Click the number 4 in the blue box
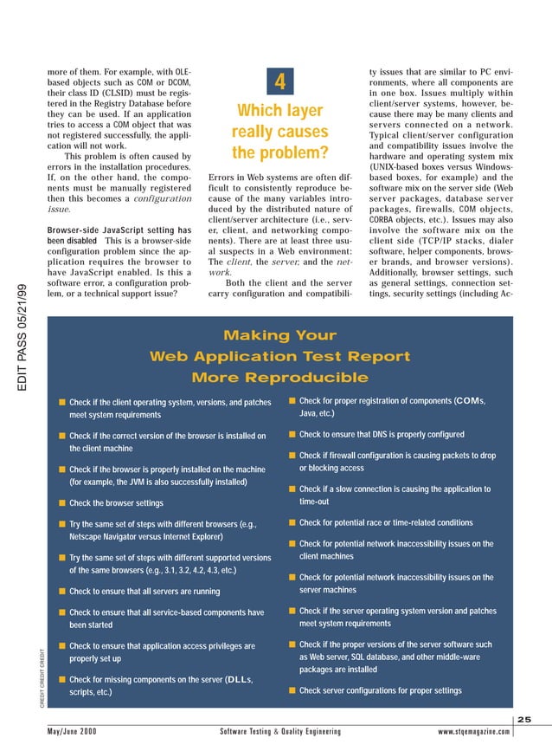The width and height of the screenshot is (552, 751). click(x=279, y=82)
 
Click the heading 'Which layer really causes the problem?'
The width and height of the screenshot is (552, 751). click(x=279, y=133)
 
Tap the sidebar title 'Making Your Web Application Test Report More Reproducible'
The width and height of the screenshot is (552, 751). click(x=279, y=356)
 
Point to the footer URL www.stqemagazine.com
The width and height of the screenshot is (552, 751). click(x=486, y=732)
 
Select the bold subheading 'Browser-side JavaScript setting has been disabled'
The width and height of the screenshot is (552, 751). click(x=118, y=236)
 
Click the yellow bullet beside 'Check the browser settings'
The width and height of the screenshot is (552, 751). click(x=62, y=503)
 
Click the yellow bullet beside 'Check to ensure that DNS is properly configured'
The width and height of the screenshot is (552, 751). click(x=292, y=435)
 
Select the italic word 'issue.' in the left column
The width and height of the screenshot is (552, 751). click(x=60, y=209)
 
